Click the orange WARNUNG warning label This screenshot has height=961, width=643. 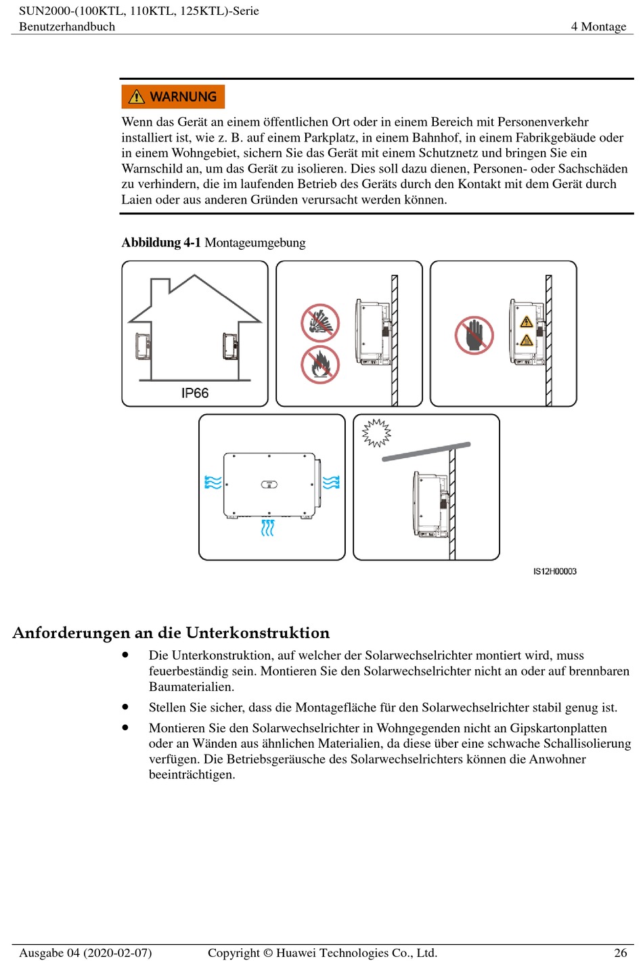click(x=173, y=97)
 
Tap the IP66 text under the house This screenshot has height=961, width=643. click(x=195, y=393)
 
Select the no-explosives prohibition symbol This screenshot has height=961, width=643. click(x=320, y=323)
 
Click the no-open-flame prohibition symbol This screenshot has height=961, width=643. click(x=320, y=365)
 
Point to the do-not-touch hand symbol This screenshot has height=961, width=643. click(x=474, y=335)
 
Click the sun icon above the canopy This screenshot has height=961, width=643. click(x=376, y=432)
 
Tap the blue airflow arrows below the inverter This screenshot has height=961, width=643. click(x=267, y=527)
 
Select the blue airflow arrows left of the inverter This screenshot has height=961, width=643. click(x=213, y=483)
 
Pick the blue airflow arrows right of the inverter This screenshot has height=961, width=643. click(x=331, y=483)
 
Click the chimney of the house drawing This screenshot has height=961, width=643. click(x=160, y=288)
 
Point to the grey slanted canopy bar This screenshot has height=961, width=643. click(x=426, y=452)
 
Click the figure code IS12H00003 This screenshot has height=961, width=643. click(x=554, y=571)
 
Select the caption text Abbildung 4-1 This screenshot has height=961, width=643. click(x=161, y=242)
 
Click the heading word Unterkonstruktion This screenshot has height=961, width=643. click(x=258, y=633)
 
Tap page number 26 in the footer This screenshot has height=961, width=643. click(x=620, y=952)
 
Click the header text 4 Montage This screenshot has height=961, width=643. click(x=598, y=26)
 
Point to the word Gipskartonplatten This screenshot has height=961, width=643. click(x=558, y=728)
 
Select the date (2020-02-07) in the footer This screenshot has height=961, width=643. click(x=117, y=952)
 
